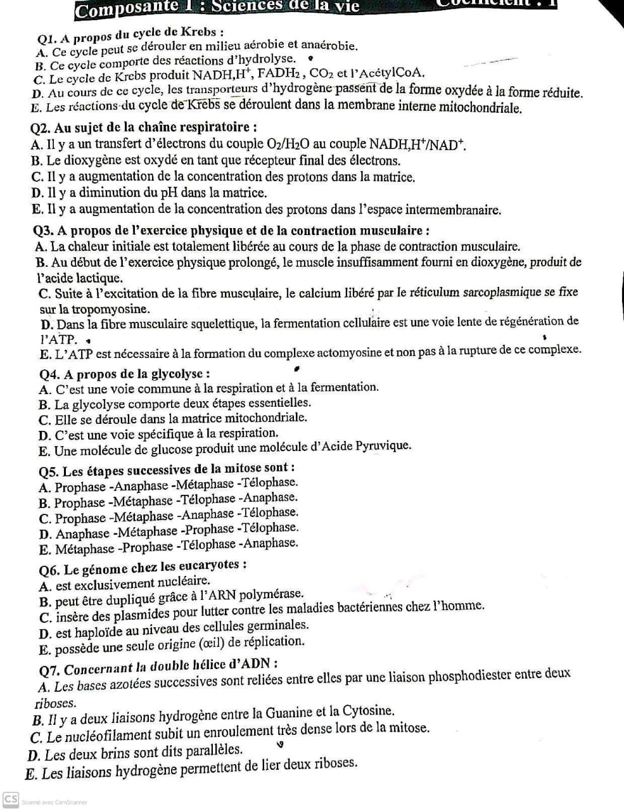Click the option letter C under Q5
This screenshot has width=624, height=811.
44,519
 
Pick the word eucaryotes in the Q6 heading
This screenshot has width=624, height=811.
210,565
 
